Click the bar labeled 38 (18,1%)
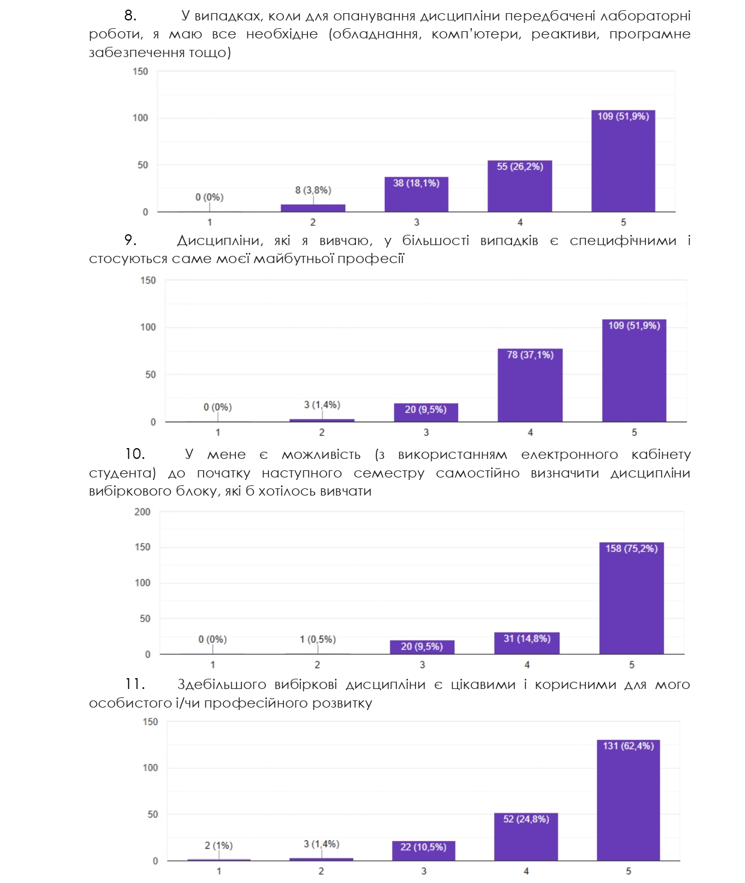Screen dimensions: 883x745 (x=416, y=195)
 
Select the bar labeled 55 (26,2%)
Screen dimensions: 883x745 (x=519, y=187)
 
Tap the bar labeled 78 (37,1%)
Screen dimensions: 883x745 (x=530, y=386)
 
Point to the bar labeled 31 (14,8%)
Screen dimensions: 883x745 (x=526, y=643)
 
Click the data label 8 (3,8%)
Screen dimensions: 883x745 (x=313, y=190)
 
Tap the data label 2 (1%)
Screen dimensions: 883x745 (x=219, y=845)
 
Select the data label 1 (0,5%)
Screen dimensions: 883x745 (x=318, y=639)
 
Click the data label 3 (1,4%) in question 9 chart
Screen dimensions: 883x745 (x=322, y=405)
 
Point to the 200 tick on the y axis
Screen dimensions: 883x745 (x=142, y=512)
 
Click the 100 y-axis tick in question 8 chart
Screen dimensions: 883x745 (x=140, y=118)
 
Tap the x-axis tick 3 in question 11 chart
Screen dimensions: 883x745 (x=424, y=871)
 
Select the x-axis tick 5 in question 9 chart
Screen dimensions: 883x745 (x=635, y=432)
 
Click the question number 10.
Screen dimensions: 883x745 (x=134, y=454)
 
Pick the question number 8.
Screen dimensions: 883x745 (x=130, y=16)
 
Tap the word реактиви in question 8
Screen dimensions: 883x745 (x=565, y=34)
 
